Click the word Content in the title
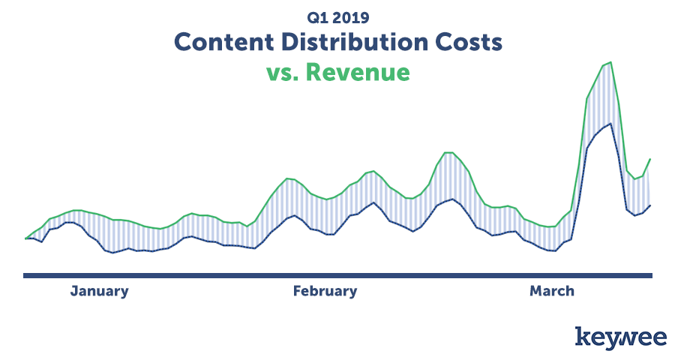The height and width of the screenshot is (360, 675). coord(223,42)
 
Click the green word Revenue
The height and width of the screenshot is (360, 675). coord(358,72)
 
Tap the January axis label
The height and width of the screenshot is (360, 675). coord(100,291)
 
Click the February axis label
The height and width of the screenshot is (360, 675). coord(325,291)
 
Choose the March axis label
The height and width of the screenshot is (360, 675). coord(552,291)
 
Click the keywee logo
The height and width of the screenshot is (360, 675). coord(621,337)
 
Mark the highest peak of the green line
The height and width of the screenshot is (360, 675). coord(610,62)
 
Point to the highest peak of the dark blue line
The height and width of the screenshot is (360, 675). coord(610,124)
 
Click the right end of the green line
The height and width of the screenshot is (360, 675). coord(650,159)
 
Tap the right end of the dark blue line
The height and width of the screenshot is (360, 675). coord(650,205)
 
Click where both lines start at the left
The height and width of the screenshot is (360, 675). coord(26,238)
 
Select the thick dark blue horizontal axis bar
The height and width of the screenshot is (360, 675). coord(338,275)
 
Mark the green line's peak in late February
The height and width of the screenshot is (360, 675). coord(448,152)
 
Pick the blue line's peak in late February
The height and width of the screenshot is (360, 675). coord(452,199)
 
